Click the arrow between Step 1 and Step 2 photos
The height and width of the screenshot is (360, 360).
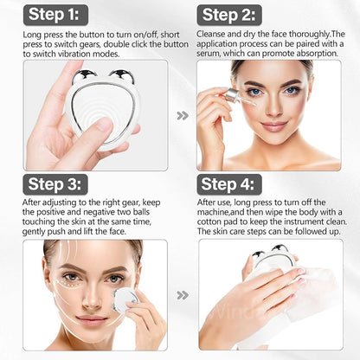click(x=182, y=115)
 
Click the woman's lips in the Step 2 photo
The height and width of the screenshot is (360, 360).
click(x=275, y=126)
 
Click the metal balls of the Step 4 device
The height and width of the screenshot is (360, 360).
click(x=271, y=254)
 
